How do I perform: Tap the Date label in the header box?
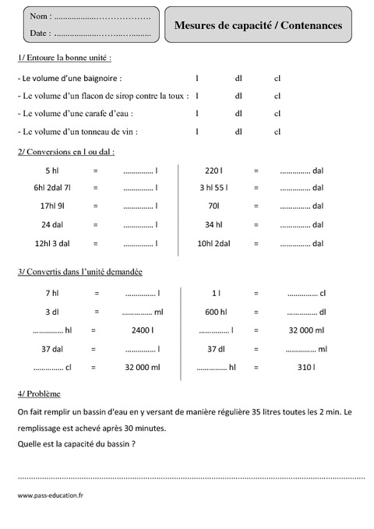(x=39, y=34)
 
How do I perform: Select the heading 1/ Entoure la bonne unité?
(x=69, y=58)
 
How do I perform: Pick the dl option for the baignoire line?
(x=238, y=78)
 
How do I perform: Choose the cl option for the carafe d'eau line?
(x=277, y=114)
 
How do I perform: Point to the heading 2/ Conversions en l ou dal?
(x=65, y=152)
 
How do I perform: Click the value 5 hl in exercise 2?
(x=52, y=170)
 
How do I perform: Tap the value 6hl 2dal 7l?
(x=52, y=188)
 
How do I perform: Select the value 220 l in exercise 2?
(x=213, y=170)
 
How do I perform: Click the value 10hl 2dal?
(x=213, y=243)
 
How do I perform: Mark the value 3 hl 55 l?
(x=213, y=188)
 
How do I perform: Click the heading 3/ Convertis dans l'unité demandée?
(x=79, y=271)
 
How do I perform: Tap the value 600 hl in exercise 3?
(x=216, y=312)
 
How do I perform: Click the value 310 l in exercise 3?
(x=305, y=367)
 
